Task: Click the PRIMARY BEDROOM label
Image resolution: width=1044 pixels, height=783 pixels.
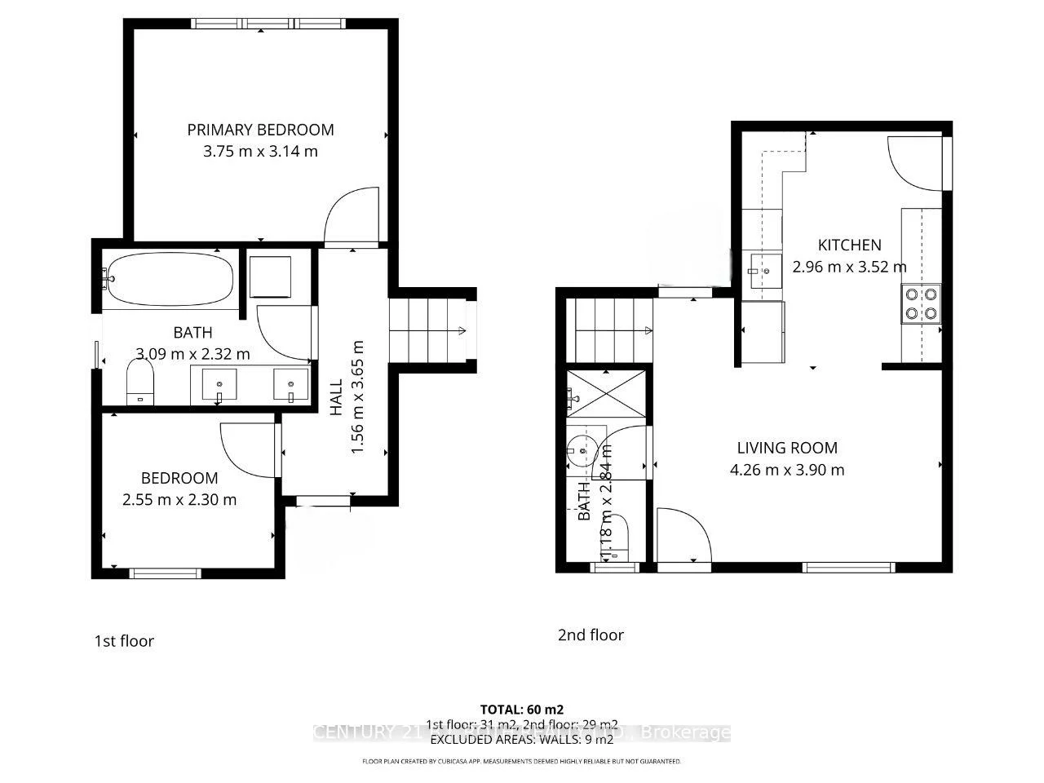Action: tap(260, 130)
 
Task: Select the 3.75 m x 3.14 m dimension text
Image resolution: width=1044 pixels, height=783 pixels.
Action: tap(260, 151)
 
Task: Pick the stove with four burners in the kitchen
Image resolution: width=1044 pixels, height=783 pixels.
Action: tap(921, 303)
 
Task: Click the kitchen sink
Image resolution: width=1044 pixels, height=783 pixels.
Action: tap(763, 266)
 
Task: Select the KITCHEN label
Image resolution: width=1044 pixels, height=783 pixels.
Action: tap(849, 245)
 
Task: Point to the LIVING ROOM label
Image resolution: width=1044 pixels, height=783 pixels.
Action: tap(787, 448)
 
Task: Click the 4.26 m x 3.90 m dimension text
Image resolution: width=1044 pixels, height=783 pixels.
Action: tap(787, 470)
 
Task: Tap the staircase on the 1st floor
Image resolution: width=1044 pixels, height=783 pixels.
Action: tap(426, 330)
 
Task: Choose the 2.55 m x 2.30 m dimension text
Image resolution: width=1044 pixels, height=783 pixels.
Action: tap(179, 500)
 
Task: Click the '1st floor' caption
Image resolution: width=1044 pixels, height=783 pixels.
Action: tap(124, 641)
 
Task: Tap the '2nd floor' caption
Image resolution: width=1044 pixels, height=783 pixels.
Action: tap(591, 635)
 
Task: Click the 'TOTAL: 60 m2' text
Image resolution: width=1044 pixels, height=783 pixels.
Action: tap(521, 709)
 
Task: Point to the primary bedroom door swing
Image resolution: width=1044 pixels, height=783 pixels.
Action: tap(351, 216)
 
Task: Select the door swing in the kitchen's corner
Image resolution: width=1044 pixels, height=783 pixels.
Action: tap(913, 161)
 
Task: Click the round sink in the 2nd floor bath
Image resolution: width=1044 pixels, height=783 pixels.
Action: tap(582, 449)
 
